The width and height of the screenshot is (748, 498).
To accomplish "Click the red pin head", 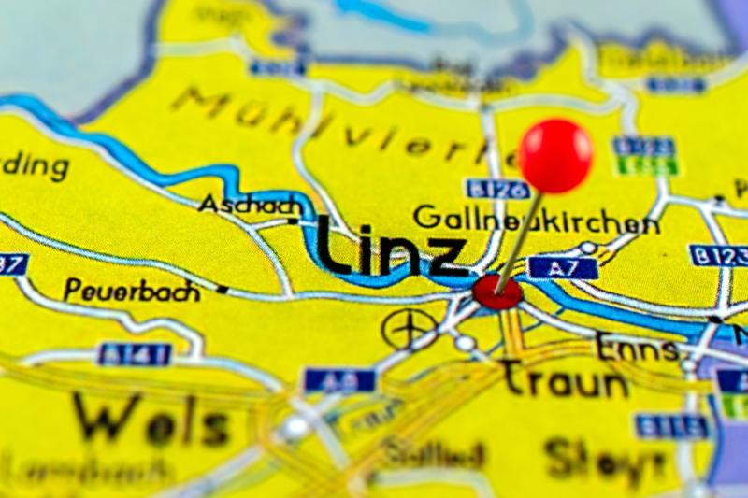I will pos(555,155).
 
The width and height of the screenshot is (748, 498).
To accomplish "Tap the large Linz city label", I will pos(391,248).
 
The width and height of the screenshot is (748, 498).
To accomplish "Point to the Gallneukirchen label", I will pos(536,220).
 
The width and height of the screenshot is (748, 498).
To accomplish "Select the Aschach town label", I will pos(250,205).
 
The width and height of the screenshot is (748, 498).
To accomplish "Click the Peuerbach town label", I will pos(132,291).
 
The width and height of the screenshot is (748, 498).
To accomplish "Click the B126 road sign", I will pos(497,189).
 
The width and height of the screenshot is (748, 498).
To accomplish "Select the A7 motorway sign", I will pos(563,268).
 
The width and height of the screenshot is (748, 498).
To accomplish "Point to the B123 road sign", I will pos(720,255).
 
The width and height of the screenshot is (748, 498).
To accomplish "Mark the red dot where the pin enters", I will pos(496,292).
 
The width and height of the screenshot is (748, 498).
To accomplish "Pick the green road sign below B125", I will pos(646,167).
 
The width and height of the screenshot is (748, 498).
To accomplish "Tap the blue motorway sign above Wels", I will pos(339,379).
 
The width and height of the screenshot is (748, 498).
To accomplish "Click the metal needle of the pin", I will pos(521,238).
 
